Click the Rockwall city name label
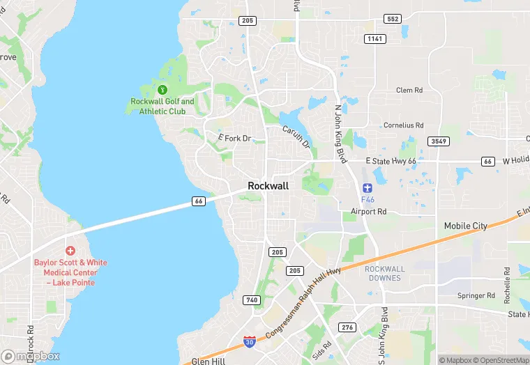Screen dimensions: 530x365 (268, 186)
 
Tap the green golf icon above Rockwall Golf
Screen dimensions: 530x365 (162, 89)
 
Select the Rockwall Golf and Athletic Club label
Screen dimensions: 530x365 (162, 107)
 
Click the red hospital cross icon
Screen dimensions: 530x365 (70, 250)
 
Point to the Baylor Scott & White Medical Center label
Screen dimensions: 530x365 (70, 272)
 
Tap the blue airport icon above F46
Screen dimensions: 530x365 (368, 188)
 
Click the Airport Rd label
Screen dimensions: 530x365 (368, 211)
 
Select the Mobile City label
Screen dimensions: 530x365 (466, 226)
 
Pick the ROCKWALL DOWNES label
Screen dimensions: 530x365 (384, 273)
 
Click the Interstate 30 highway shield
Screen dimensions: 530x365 (250, 342)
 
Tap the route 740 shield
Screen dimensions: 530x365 (251, 300)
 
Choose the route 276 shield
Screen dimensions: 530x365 (347, 327)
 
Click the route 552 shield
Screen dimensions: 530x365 (393, 19)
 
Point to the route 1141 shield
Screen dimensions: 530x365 (375, 38)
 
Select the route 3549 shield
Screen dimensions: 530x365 (439, 141)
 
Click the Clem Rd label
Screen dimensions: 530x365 (409, 91)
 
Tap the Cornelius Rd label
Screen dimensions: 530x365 (404, 125)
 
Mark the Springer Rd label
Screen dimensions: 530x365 (476, 295)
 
